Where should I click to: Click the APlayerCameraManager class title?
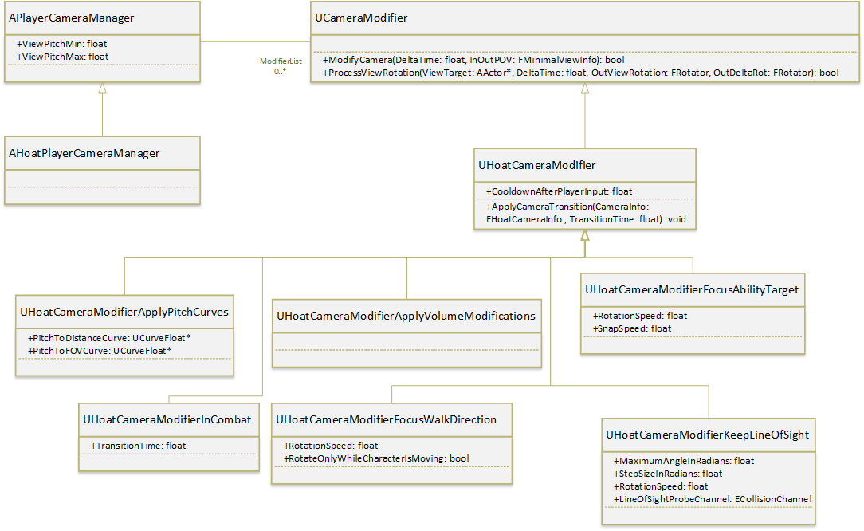point(71,18)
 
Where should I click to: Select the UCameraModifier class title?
point(361,18)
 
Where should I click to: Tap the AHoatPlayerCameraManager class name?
point(84,153)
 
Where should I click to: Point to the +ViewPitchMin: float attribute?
point(61,44)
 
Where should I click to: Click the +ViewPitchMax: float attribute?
point(62,57)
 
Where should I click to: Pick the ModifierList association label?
point(281,61)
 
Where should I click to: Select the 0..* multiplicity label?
point(280,71)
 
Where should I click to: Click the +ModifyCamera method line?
point(473,60)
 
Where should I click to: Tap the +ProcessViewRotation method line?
point(580,73)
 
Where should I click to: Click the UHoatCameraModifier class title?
point(536,165)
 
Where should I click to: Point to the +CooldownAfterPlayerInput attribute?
point(559,191)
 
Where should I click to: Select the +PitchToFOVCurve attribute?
point(99,351)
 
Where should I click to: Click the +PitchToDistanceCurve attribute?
point(108,338)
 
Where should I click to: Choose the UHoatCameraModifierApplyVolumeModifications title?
point(406,316)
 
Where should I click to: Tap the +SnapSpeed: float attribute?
point(631,328)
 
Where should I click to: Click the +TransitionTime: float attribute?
point(138,446)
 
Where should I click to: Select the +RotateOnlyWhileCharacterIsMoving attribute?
point(375,458)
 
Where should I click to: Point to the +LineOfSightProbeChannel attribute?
point(712,499)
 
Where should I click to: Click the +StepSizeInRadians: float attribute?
point(667,474)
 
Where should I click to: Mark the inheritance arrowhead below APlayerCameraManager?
point(103,88)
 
